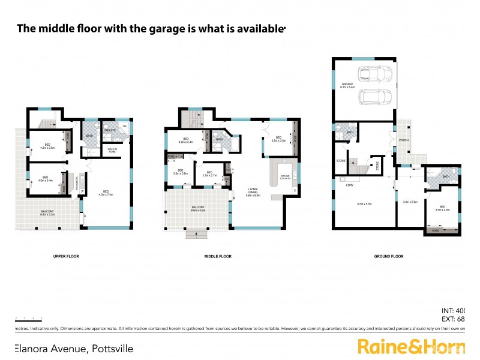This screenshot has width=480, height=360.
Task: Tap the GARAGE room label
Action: (x=347, y=84)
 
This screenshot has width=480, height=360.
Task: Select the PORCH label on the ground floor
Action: (x=403, y=140)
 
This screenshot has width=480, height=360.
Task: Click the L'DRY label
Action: (x=349, y=185)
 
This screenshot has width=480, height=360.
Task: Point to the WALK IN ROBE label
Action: (x=112, y=151)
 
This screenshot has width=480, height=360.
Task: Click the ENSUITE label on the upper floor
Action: (x=110, y=130)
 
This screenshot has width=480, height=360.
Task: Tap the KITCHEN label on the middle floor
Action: (x=284, y=176)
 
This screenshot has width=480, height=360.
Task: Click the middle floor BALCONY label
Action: (x=198, y=208)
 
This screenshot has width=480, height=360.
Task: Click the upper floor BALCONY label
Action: (x=47, y=211)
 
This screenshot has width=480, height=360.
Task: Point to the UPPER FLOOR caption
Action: (x=67, y=256)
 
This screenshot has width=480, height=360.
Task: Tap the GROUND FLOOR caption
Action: (x=389, y=256)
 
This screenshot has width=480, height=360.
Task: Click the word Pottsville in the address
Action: (x=111, y=348)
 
